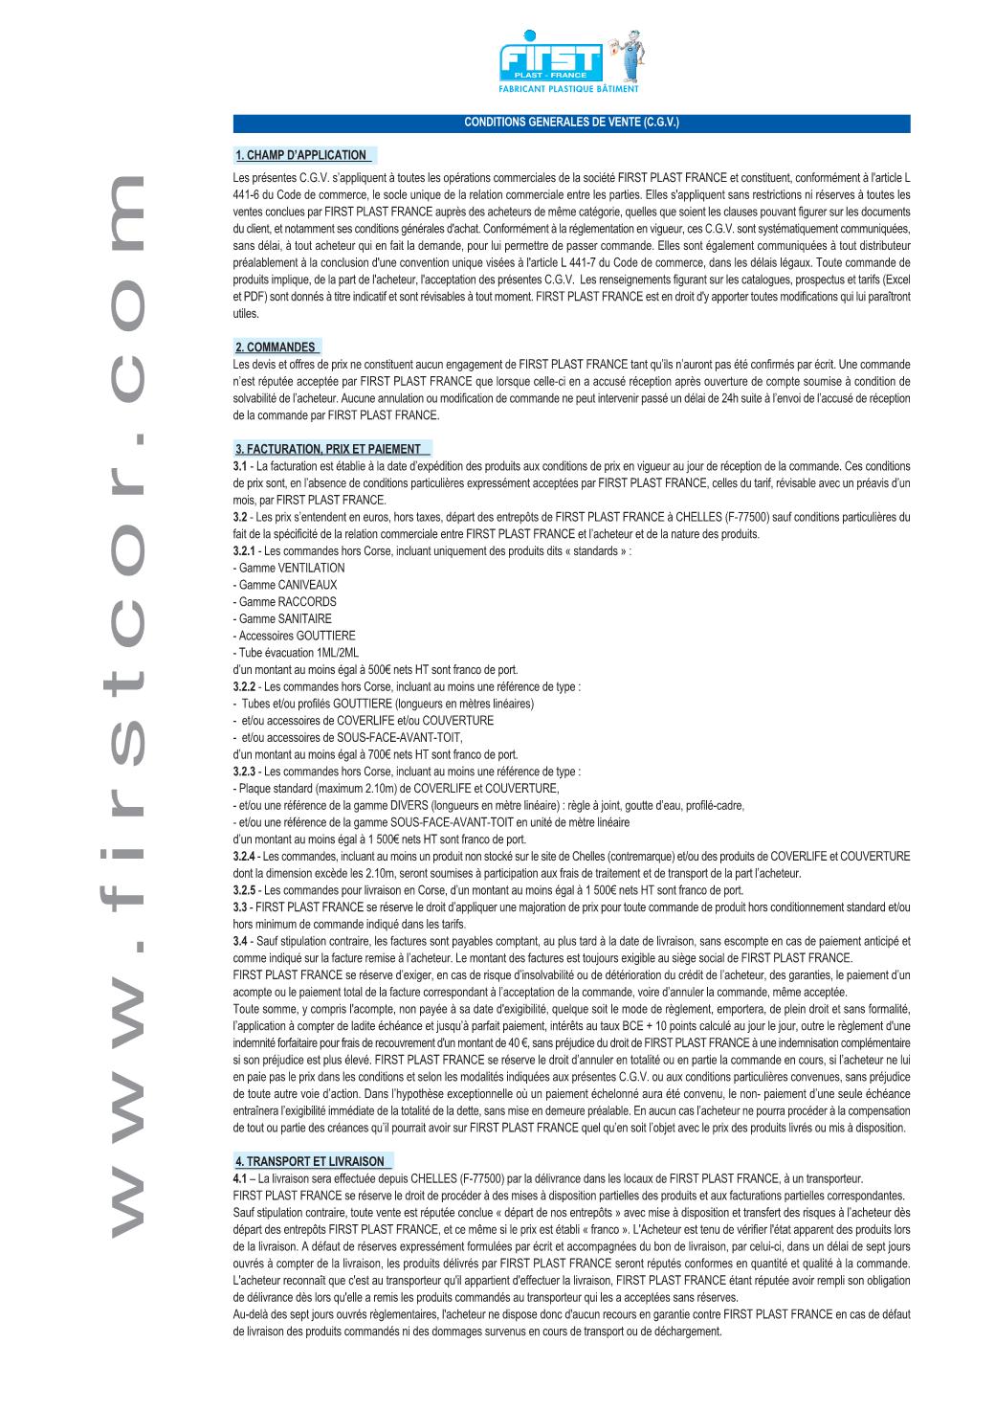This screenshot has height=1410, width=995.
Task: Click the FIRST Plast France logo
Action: [550, 60]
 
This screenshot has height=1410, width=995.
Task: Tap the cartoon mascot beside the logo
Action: [629, 56]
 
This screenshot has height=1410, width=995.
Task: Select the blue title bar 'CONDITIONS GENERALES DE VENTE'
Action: [571, 123]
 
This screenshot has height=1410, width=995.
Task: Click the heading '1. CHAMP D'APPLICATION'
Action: [301, 155]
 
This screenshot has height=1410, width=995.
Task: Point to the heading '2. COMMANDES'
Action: [276, 347]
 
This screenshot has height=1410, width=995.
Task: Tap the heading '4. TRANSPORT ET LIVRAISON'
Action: [310, 1161]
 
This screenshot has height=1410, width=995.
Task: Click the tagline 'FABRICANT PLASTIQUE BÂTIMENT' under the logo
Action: [568, 89]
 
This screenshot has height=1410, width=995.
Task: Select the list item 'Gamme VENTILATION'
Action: [291, 568]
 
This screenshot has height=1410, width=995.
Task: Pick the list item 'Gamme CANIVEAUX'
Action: [287, 585]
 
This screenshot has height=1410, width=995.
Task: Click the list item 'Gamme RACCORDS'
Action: [287, 602]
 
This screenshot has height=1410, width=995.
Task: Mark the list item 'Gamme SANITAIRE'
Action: [284, 619]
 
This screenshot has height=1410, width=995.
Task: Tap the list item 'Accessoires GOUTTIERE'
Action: [297, 636]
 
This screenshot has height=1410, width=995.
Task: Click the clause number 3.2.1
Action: [244, 551]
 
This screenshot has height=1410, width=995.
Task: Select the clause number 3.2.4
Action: [244, 857]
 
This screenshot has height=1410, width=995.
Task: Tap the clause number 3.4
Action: [240, 942]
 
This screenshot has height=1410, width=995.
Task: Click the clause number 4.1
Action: [239, 1179]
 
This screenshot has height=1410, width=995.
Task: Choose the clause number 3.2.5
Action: [244, 890]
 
